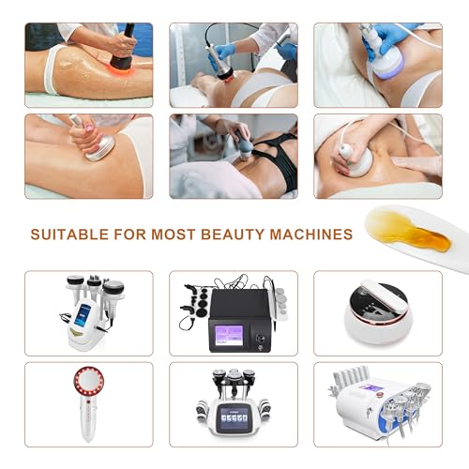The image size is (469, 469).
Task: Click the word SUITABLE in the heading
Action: click(x=69, y=234)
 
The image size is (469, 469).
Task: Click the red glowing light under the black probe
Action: click(x=124, y=72)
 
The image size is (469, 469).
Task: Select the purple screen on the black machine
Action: click(x=229, y=335)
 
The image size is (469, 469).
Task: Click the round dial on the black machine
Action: click(x=260, y=338)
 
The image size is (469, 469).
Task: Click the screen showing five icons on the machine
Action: click(x=234, y=416)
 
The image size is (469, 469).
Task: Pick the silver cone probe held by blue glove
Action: click(x=218, y=63)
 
